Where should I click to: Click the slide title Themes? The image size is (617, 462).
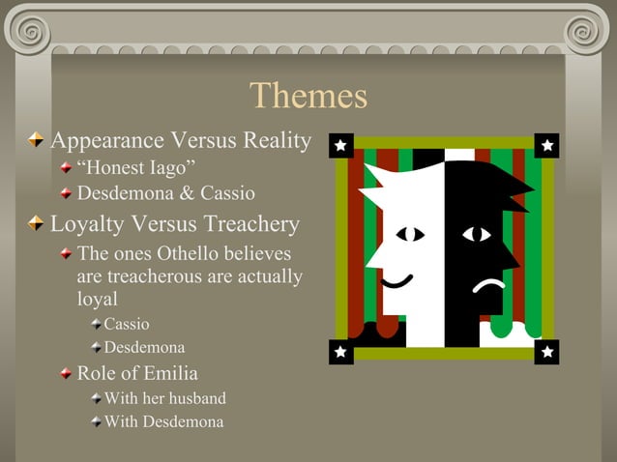click(308, 96)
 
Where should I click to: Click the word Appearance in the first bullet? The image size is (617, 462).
click(107, 141)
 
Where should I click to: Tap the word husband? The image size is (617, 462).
click(193, 397)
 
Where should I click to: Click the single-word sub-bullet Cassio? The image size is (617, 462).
click(127, 324)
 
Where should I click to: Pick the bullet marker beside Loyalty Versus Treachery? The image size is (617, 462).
click(37, 225)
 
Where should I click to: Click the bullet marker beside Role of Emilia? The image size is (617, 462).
click(65, 374)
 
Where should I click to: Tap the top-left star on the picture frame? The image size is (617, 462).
click(340, 146)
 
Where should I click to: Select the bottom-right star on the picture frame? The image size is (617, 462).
click(547, 353)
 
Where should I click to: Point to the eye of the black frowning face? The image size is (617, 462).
click(476, 234)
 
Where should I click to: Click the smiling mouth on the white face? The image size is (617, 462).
click(397, 282)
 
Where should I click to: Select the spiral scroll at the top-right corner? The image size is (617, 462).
click(589, 29)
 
